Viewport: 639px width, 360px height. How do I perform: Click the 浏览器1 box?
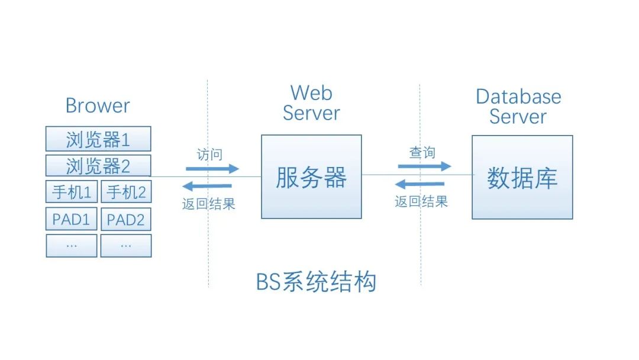[98, 139]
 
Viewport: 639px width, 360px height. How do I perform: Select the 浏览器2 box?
[98, 166]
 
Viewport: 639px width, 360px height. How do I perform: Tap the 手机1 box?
[71, 192]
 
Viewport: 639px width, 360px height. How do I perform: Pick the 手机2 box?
[126, 192]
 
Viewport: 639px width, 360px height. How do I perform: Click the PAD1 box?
[71, 219]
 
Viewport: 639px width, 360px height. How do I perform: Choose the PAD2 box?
[126, 219]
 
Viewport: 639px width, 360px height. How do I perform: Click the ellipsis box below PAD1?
[71, 245]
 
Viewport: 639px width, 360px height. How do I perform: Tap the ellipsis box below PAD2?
[126, 245]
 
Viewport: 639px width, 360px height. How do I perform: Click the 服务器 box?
[311, 177]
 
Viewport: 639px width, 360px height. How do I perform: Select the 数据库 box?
[522, 177]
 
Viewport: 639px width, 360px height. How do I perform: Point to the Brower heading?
[98, 106]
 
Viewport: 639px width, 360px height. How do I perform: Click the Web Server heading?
[311, 103]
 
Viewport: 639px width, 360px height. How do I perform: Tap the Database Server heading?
[518, 106]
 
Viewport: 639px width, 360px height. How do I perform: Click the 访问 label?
[209, 155]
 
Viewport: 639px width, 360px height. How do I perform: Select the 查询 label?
[422, 153]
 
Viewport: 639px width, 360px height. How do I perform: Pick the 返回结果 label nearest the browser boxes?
[208, 204]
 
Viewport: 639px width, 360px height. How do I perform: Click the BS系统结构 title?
[316, 282]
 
